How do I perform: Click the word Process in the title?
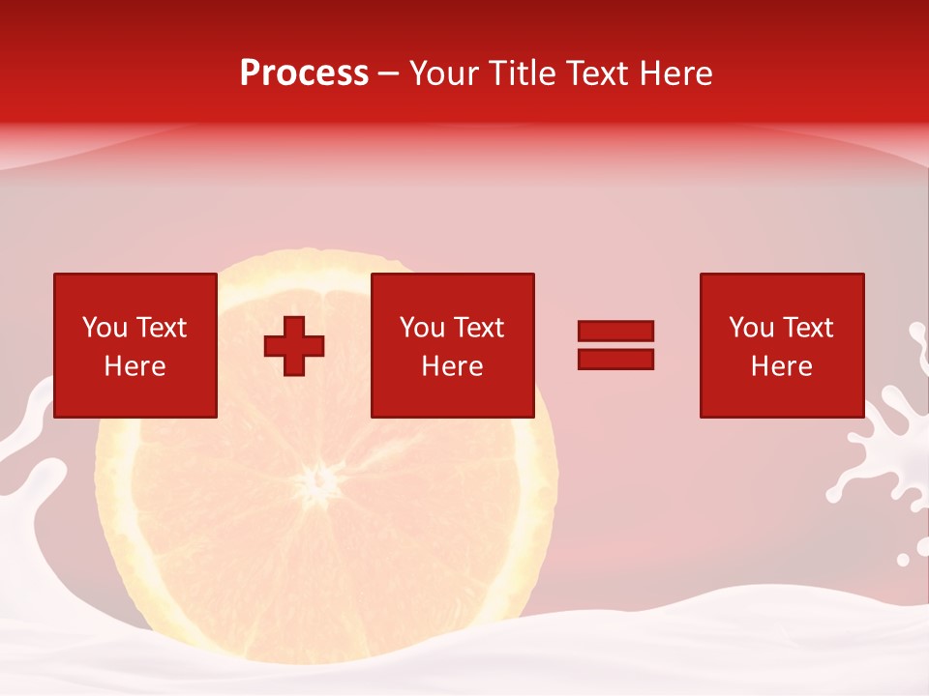coord(304,73)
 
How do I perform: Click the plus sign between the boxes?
coord(294,346)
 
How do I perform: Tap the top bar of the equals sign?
coord(615,331)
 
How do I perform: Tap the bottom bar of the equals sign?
coord(615,360)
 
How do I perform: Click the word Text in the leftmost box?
coord(161,328)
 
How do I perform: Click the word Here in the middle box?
coord(452,366)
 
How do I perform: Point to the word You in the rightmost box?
coord(751,328)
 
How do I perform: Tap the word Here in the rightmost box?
coord(782,366)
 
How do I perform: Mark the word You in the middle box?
coord(422,328)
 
